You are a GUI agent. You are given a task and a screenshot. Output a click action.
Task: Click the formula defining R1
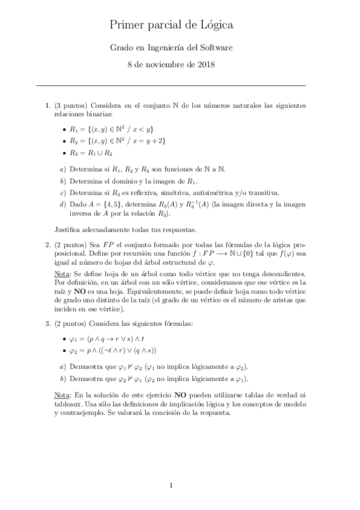tap(112, 129)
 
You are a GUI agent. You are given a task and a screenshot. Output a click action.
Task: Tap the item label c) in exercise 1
tap(63, 193)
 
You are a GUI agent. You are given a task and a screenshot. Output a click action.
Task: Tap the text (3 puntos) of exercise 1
tap(72, 105)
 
